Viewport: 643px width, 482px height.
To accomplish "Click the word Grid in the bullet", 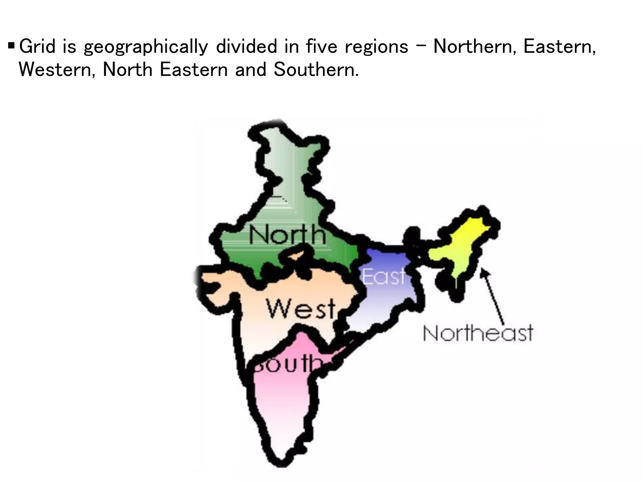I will click(x=38, y=46).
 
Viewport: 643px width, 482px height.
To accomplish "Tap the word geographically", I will click(x=146, y=47).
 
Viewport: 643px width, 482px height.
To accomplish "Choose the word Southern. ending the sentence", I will click(x=316, y=69).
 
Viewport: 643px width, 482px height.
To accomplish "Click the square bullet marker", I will click(x=11, y=46).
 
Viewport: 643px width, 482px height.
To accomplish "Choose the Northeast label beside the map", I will click(x=478, y=333).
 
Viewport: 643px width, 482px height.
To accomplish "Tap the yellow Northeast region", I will click(x=462, y=248).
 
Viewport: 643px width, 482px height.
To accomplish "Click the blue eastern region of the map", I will click(x=386, y=301).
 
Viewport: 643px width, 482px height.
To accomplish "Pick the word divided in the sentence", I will click(x=246, y=46).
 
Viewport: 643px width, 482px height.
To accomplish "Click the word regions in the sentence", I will click(x=376, y=47).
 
